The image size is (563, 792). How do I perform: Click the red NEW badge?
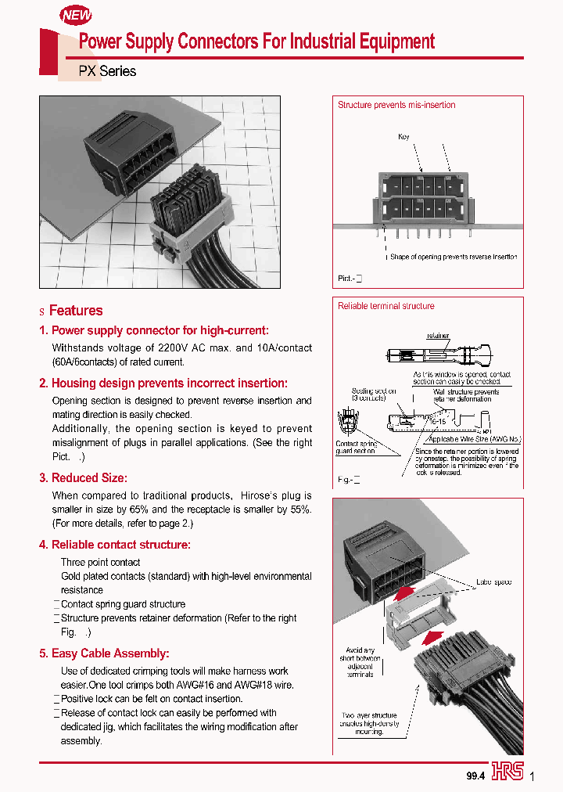[77, 15]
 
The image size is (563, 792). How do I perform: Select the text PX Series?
[107, 71]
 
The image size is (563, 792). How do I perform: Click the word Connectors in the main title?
[232, 41]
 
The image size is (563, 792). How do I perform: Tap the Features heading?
[76, 311]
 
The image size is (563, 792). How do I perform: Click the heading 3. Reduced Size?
[83, 477]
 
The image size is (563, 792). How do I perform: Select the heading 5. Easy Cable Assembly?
[104, 653]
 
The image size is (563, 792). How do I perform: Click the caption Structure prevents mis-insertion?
[396, 105]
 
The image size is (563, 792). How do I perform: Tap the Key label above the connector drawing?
[403, 137]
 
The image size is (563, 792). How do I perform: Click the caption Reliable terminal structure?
[385, 306]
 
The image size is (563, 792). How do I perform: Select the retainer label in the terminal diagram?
[438, 336]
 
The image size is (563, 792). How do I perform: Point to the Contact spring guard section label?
[356, 447]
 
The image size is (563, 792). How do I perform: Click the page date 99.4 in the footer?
[476, 775]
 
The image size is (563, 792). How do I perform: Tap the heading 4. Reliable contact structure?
[115, 545]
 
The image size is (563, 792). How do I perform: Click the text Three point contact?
[101, 563]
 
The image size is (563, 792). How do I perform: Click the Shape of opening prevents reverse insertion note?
[454, 257]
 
